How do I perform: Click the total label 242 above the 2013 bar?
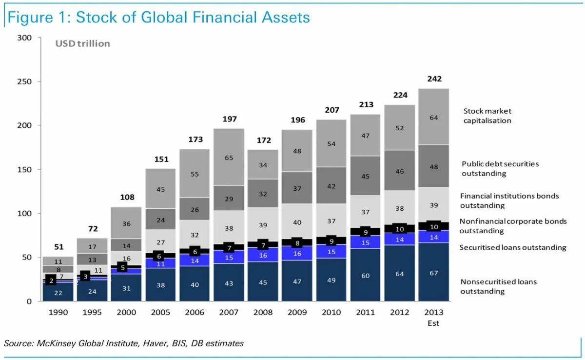point(433,79)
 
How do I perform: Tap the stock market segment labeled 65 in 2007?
point(229,158)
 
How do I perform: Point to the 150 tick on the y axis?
point(25,170)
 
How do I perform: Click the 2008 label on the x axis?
point(263,312)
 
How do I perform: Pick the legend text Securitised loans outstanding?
point(512,248)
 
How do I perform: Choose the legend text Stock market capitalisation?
point(487,116)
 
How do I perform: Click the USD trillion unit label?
point(82,44)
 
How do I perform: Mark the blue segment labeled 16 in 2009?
point(297,254)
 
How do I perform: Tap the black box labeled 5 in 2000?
point(122,267)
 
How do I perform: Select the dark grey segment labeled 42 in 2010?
point(331,186)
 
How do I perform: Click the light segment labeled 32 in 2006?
point(195,235)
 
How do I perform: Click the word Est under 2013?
point(433,323)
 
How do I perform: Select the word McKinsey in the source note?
point(55,343)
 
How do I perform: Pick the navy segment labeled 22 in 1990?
point(58,293)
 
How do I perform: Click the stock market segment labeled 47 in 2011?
point(365,136)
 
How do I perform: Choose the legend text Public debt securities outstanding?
point(500,169)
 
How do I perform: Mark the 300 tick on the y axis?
point(25,38)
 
